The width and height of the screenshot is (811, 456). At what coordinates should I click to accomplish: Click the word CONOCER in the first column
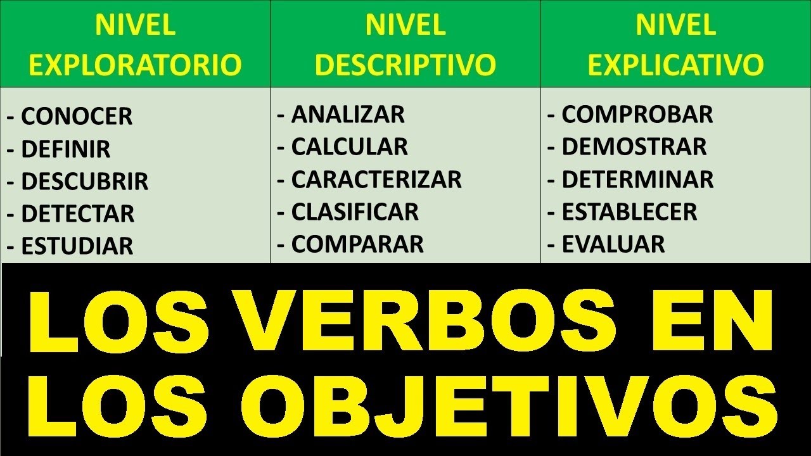tap(77, 117)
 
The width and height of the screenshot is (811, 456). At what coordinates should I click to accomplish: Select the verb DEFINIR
tap(66, 149)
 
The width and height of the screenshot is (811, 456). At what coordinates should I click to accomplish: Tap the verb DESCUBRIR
tap(85, 181)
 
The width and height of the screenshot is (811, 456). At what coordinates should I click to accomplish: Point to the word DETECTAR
tap(78, 213)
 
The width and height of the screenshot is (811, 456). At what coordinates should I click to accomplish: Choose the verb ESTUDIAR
tap(77, 246)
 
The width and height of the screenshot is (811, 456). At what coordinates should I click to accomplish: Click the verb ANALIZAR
tap(348, 115)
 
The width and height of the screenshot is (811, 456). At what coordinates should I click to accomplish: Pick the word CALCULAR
tap(350, 147)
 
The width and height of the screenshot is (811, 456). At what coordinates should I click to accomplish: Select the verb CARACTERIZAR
tap(376, 179)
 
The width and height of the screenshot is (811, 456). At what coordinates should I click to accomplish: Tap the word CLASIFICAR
tap(355, 212)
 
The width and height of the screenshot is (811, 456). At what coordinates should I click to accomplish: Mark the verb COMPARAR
tap(357, 244)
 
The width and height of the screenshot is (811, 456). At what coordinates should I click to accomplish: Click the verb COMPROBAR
tap(637, 115)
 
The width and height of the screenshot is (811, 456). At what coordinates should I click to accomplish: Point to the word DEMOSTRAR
tap(634, 147)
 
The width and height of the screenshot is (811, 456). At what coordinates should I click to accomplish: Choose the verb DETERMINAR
tap(637, 179)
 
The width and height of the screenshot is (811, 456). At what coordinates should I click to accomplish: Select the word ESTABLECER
tap(629, 212)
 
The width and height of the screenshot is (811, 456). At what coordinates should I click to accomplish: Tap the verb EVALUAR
tap(613, 244)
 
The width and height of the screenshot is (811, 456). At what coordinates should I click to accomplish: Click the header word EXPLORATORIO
tap(136, 65)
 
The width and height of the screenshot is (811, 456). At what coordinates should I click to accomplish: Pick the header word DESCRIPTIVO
tap(405, 65)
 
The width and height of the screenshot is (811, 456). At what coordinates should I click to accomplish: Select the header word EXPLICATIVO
tap(675, 65)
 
